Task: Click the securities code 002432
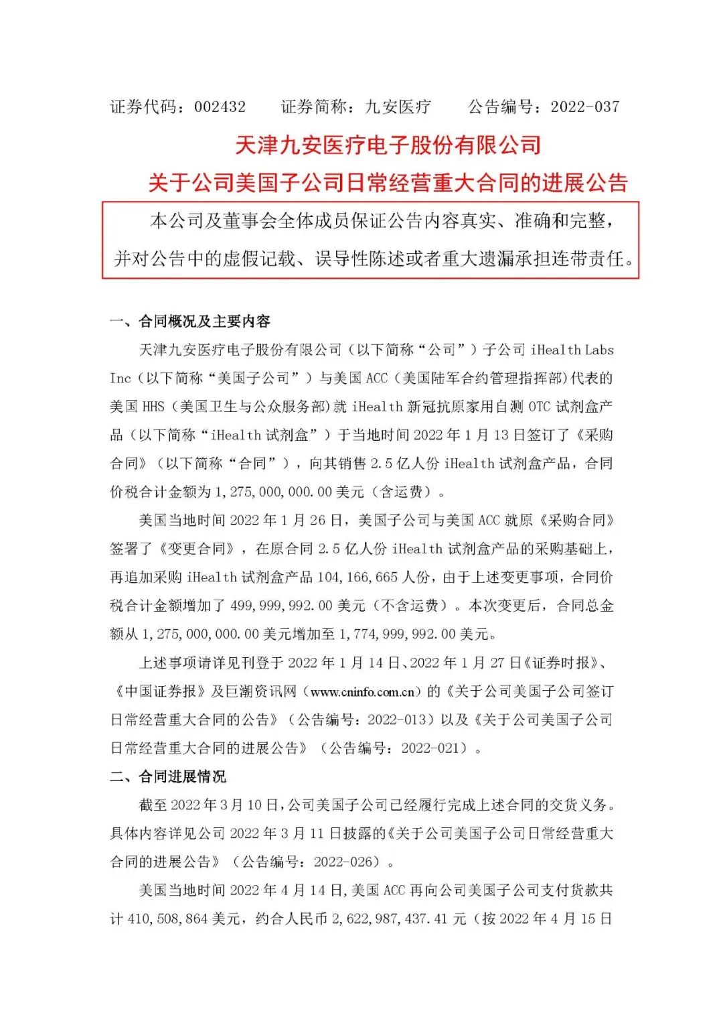pos(220,107)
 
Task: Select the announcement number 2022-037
pos(584,107)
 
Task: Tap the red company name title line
pos(388,145)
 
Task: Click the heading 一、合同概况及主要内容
pos(190,322)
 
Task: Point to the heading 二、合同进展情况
pos(168,776)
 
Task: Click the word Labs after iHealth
pos(599,350)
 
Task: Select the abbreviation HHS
pos(153,407)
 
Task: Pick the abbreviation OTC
pos(539,407)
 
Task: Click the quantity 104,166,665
pos(357,577)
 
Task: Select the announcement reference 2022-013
pos(396,720)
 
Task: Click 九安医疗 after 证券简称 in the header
pos(398,107)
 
